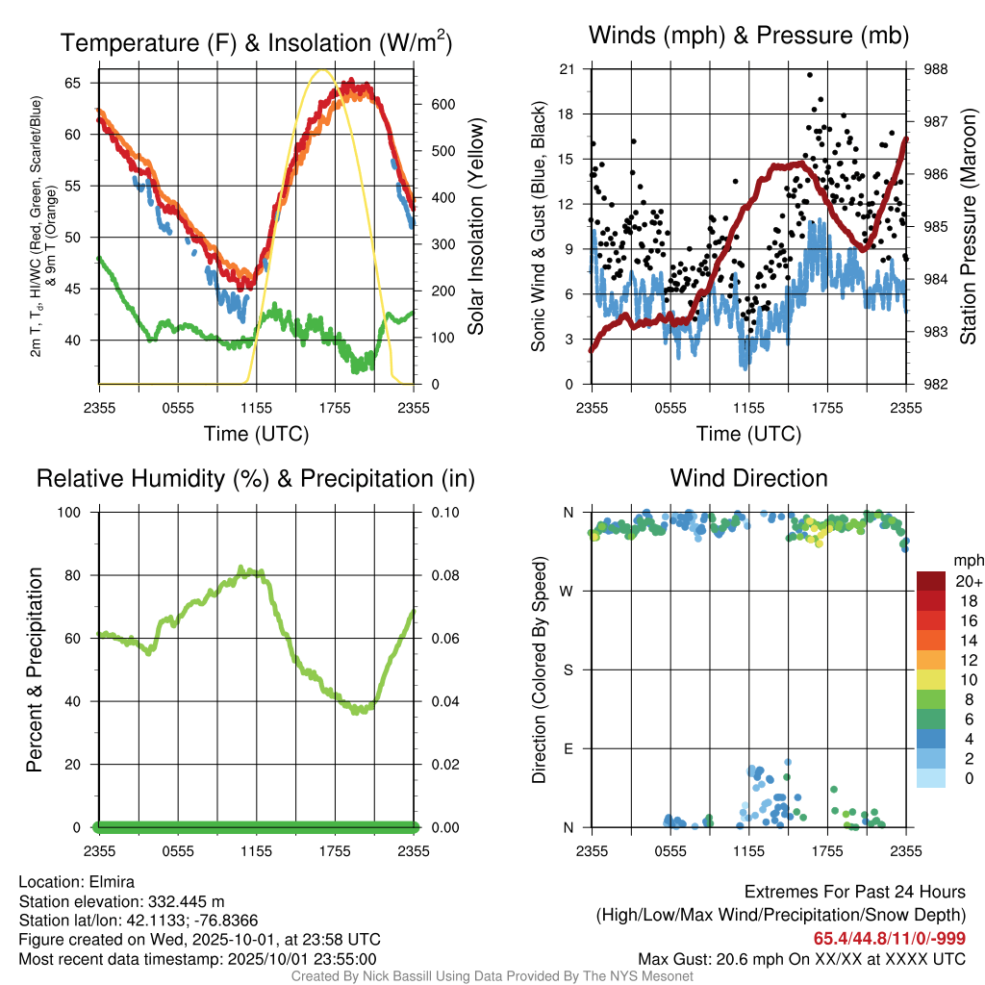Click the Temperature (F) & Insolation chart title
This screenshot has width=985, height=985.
click(256, 42)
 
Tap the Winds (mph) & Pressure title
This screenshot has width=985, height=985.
click(748, 36)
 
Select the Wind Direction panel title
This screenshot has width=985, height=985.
click(748, 478)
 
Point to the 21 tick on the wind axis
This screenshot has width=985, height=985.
click(567, 69)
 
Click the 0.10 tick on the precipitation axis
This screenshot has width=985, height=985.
click(443, 513)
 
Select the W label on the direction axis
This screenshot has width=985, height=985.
click(568, 591)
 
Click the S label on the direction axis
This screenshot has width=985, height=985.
click(568, 669)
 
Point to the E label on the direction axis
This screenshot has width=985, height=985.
click(568, 748)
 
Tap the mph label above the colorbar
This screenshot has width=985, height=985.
click(966, 560)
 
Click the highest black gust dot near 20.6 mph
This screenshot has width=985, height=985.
click(810, 74)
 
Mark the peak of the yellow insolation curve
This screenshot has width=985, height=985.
click(322, 69)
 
